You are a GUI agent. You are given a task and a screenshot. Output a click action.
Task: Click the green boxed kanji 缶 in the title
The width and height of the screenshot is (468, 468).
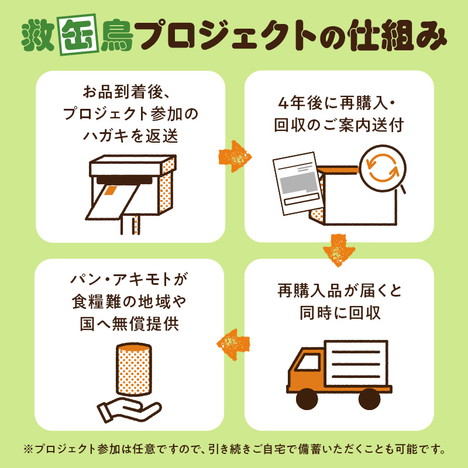click(79, 35)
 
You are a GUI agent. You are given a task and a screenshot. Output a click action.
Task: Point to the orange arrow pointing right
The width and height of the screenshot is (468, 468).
click(235, 157)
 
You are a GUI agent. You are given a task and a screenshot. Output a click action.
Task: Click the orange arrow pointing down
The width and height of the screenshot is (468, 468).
click(339, 250)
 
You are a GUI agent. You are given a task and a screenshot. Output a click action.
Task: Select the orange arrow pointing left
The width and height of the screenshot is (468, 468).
click(233, 344)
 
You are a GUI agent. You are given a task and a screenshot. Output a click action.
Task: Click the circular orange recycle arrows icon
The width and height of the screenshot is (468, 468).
click(383, 168)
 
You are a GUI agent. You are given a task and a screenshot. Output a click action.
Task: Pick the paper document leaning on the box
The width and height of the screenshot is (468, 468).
click(298, 184)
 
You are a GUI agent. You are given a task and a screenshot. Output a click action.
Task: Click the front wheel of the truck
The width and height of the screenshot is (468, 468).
click(307, 399)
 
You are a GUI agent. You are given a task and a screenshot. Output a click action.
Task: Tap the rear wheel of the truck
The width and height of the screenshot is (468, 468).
click(369, 399)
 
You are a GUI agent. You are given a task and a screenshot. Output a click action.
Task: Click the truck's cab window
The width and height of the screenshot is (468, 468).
click(308, 362)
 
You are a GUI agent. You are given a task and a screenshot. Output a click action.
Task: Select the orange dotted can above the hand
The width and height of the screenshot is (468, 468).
click(133, 369)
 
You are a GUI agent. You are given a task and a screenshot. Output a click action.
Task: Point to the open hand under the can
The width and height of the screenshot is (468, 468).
click(129, 411)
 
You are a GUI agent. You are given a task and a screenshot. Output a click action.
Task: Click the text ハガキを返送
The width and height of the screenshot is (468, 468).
click(130, 136)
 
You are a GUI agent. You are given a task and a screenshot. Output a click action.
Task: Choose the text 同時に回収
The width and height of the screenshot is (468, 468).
click(340, 313)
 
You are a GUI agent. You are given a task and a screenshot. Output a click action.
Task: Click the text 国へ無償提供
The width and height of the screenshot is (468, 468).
click(129, 324)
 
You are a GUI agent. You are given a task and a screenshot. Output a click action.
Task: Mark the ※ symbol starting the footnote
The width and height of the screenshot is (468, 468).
click(28, 449)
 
